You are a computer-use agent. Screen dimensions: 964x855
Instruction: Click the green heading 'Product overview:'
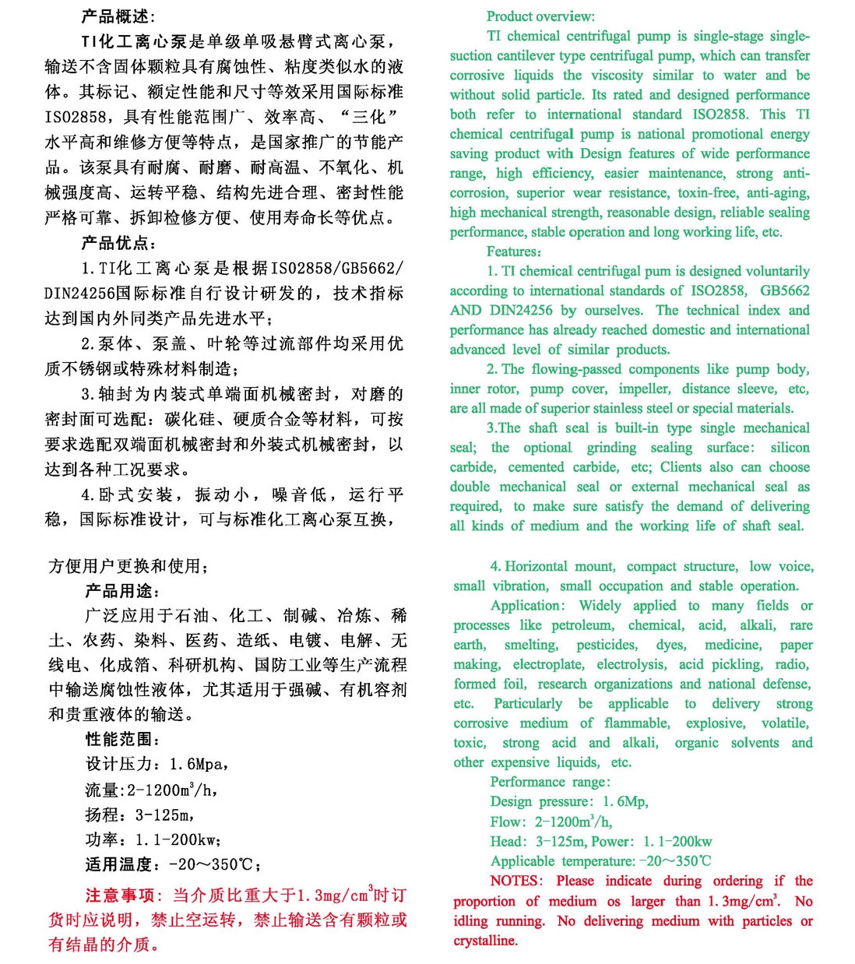click(x=540, y=16)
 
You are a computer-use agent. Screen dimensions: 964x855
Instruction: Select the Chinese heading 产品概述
click(x=118, y=16)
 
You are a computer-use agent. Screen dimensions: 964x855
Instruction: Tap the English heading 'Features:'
click(x=514, y=252)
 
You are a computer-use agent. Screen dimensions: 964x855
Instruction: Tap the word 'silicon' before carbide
click(x=790, y=448)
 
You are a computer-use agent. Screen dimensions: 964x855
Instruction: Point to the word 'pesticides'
click(x=607, y=645)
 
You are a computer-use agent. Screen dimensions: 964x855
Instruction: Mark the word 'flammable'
click(x=636, y=723)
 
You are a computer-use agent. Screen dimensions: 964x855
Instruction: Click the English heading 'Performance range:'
click(x=550, y=782)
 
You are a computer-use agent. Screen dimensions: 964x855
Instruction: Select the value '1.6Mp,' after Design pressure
click(x=625, y=802)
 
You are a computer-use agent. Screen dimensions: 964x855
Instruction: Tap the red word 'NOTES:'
click(x=515, y=881)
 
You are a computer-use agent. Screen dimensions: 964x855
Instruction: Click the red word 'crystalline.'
click(x=486, y=941)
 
